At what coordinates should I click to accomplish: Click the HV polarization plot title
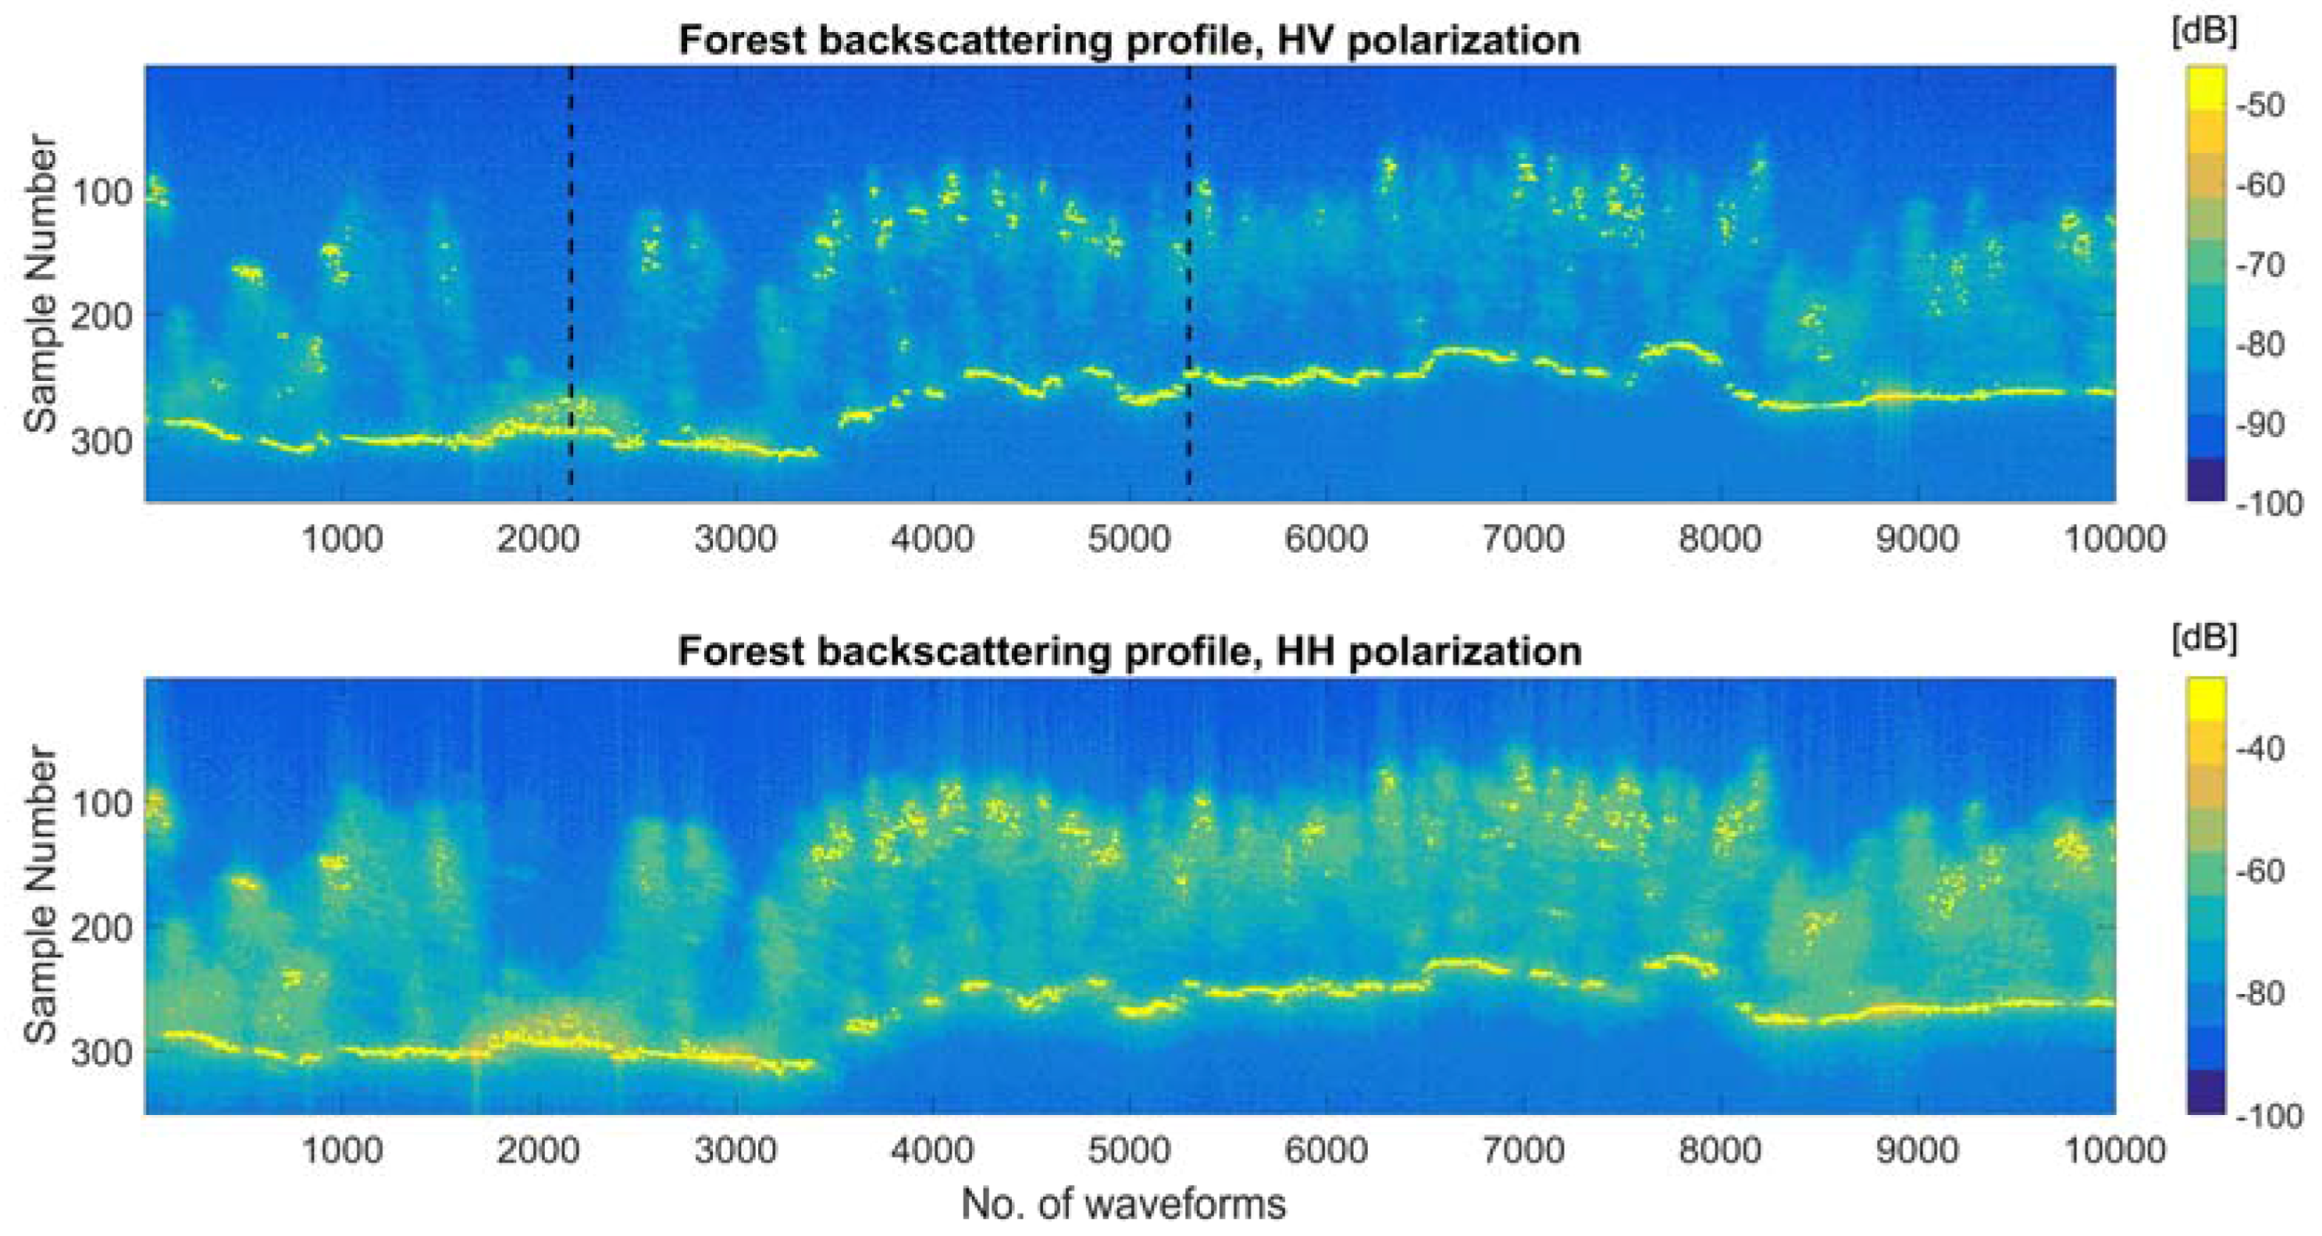tap(1129, 41)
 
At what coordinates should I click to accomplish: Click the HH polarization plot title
tap(1129, 650)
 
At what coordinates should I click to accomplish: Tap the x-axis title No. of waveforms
tap(1123, 1203)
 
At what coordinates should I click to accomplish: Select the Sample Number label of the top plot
tap(41, 283)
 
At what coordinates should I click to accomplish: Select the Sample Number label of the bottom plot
tap(41, 894)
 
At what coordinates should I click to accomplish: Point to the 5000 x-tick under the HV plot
tap(1129, 539)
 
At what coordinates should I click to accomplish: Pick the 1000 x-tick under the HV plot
tap(341, 539)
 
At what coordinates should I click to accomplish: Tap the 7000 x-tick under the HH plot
tap(1524, 1151)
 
